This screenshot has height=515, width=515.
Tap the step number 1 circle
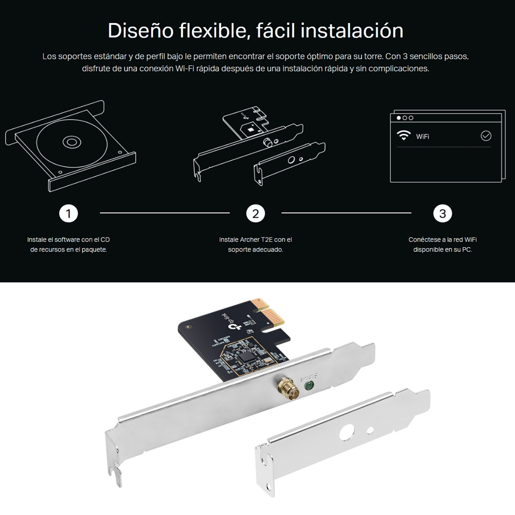pyautogui.click(x=68, y=213)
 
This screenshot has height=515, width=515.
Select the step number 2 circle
pyautogui.click(x=255, y=213)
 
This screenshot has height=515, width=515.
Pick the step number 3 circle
pyautogui.click(x=442, y=213)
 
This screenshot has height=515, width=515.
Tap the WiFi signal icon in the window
pyautogui.click(x=403, y=136)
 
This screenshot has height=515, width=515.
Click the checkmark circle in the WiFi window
pyautogui.click(x=486, y=136)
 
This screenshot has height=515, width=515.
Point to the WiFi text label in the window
pyautogui.click(x=422, y=136)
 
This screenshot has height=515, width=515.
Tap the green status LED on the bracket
pyautogui.click(x=308, y=386)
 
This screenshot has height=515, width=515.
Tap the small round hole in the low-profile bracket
pyautogui.click(x=370, y=430)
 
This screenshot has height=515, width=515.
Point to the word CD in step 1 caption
pyautogui.click(x=105, y=239)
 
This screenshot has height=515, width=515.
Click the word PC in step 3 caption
pyautogui.click(x=467, y=249)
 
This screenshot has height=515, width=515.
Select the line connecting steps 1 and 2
pyautogui.click(x=165, y=213)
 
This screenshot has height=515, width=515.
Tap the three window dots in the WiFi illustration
pyautogui.click(x=405, y=118)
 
